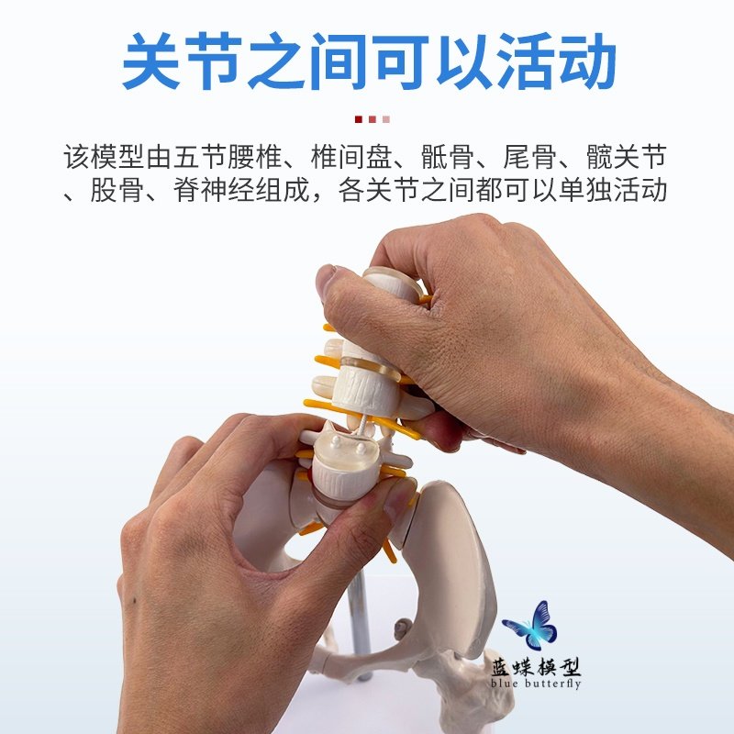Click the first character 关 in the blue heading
pyautogui.click(x=152, y=61)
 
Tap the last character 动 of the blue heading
pyautogui.click(x=584, y=61)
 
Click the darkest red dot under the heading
pyautogui.click(x=358, y=118)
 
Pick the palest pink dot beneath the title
pyautogui.click(x=387, y=118)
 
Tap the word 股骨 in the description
pyautogui.click(x=119, y=192)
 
